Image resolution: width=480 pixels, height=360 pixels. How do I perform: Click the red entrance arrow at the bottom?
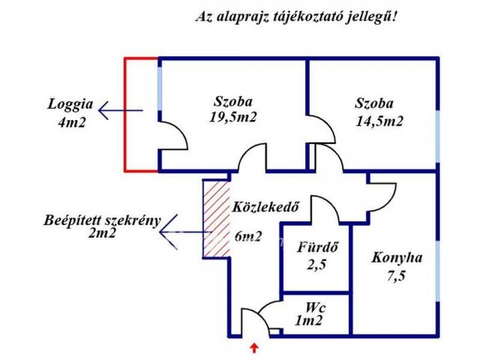pyautogui.click(x=255, y=347)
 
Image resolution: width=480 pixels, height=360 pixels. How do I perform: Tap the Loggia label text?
pyautogui.click(x=68, y=105)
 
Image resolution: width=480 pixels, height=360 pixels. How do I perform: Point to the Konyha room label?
pyautogui.click(x=397, y=257)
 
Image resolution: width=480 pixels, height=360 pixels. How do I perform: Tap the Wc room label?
pyautogui.click(x=314, y=307)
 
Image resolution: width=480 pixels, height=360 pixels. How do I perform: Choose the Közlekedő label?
pyautogui.click(x=260, y=207)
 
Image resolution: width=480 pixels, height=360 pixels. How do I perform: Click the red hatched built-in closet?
pyautogui.click(x=215, y=220)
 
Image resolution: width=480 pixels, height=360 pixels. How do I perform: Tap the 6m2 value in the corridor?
pyautogui.click(x=248, y=236)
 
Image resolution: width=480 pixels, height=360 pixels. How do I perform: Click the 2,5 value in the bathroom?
pyautogui.click(x=315, y=263)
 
